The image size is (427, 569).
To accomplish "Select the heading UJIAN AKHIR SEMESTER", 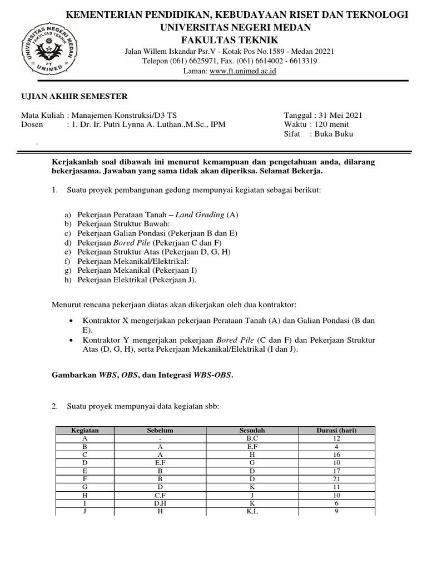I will coord(75,97).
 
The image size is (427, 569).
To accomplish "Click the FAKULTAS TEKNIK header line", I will coord(229,41).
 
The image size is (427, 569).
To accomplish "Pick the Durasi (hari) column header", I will coord(336,431).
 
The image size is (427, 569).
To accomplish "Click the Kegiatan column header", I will coord(85,431).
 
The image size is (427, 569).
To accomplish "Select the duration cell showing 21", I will coord(336,478).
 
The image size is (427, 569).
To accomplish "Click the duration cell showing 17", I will coord(336,471).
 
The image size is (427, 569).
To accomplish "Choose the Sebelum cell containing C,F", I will coord(160,495).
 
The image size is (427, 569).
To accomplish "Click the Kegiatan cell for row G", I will coord(85,487).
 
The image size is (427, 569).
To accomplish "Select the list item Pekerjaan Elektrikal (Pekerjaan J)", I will coord(137,279).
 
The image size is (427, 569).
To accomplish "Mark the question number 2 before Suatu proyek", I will coord(55,407).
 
